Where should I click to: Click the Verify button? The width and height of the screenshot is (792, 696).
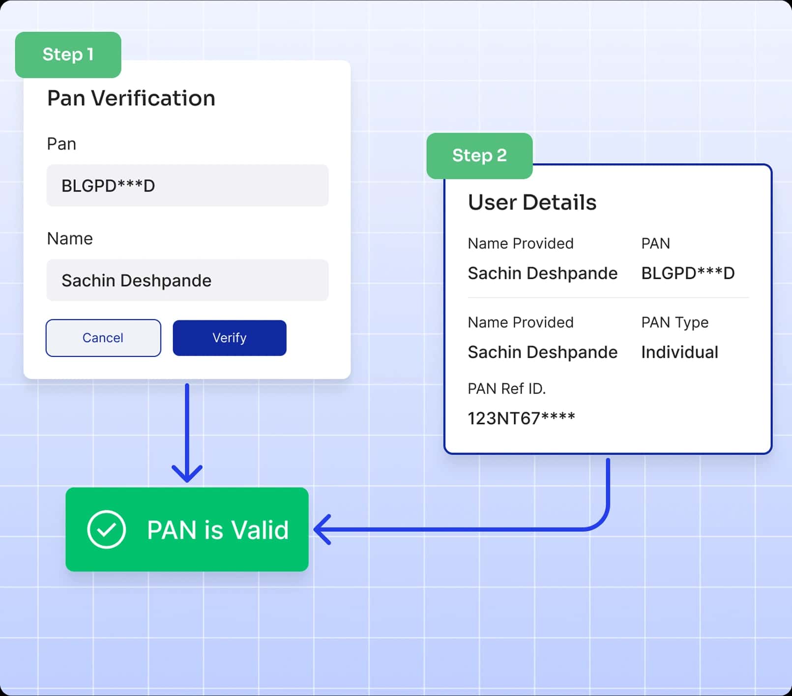(229, 338)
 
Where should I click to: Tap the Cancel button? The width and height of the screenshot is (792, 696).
(103, 338)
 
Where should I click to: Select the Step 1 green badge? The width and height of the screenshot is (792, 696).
(68, 55)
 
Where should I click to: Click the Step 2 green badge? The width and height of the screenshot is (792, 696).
(479, 155)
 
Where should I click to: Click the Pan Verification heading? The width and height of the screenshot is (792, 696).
(131, 98)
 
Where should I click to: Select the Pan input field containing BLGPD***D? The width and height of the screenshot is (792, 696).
(187, 186)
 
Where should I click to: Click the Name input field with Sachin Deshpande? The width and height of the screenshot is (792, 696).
(187, 280)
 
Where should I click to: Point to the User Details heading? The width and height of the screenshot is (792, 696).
(532, 203)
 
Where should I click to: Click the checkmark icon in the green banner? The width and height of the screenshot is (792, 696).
(106, 529)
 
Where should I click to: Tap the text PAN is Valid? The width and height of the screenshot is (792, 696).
(217, 530)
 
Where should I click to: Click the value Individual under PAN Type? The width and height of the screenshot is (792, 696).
(679, 352)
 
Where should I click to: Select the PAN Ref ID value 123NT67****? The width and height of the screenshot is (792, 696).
(521, 418)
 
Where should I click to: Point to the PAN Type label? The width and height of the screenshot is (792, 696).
(675, 322)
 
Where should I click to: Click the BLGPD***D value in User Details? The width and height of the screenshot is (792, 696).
(687, 273)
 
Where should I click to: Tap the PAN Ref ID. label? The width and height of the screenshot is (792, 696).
(506, 389)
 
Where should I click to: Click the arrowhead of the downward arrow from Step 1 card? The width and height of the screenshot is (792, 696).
(187, 475)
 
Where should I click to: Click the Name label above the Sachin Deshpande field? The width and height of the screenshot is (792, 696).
(70, 239)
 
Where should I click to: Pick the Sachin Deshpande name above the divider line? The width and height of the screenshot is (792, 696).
(542, 273)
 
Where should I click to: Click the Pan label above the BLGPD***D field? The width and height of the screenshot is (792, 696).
(61, 144)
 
